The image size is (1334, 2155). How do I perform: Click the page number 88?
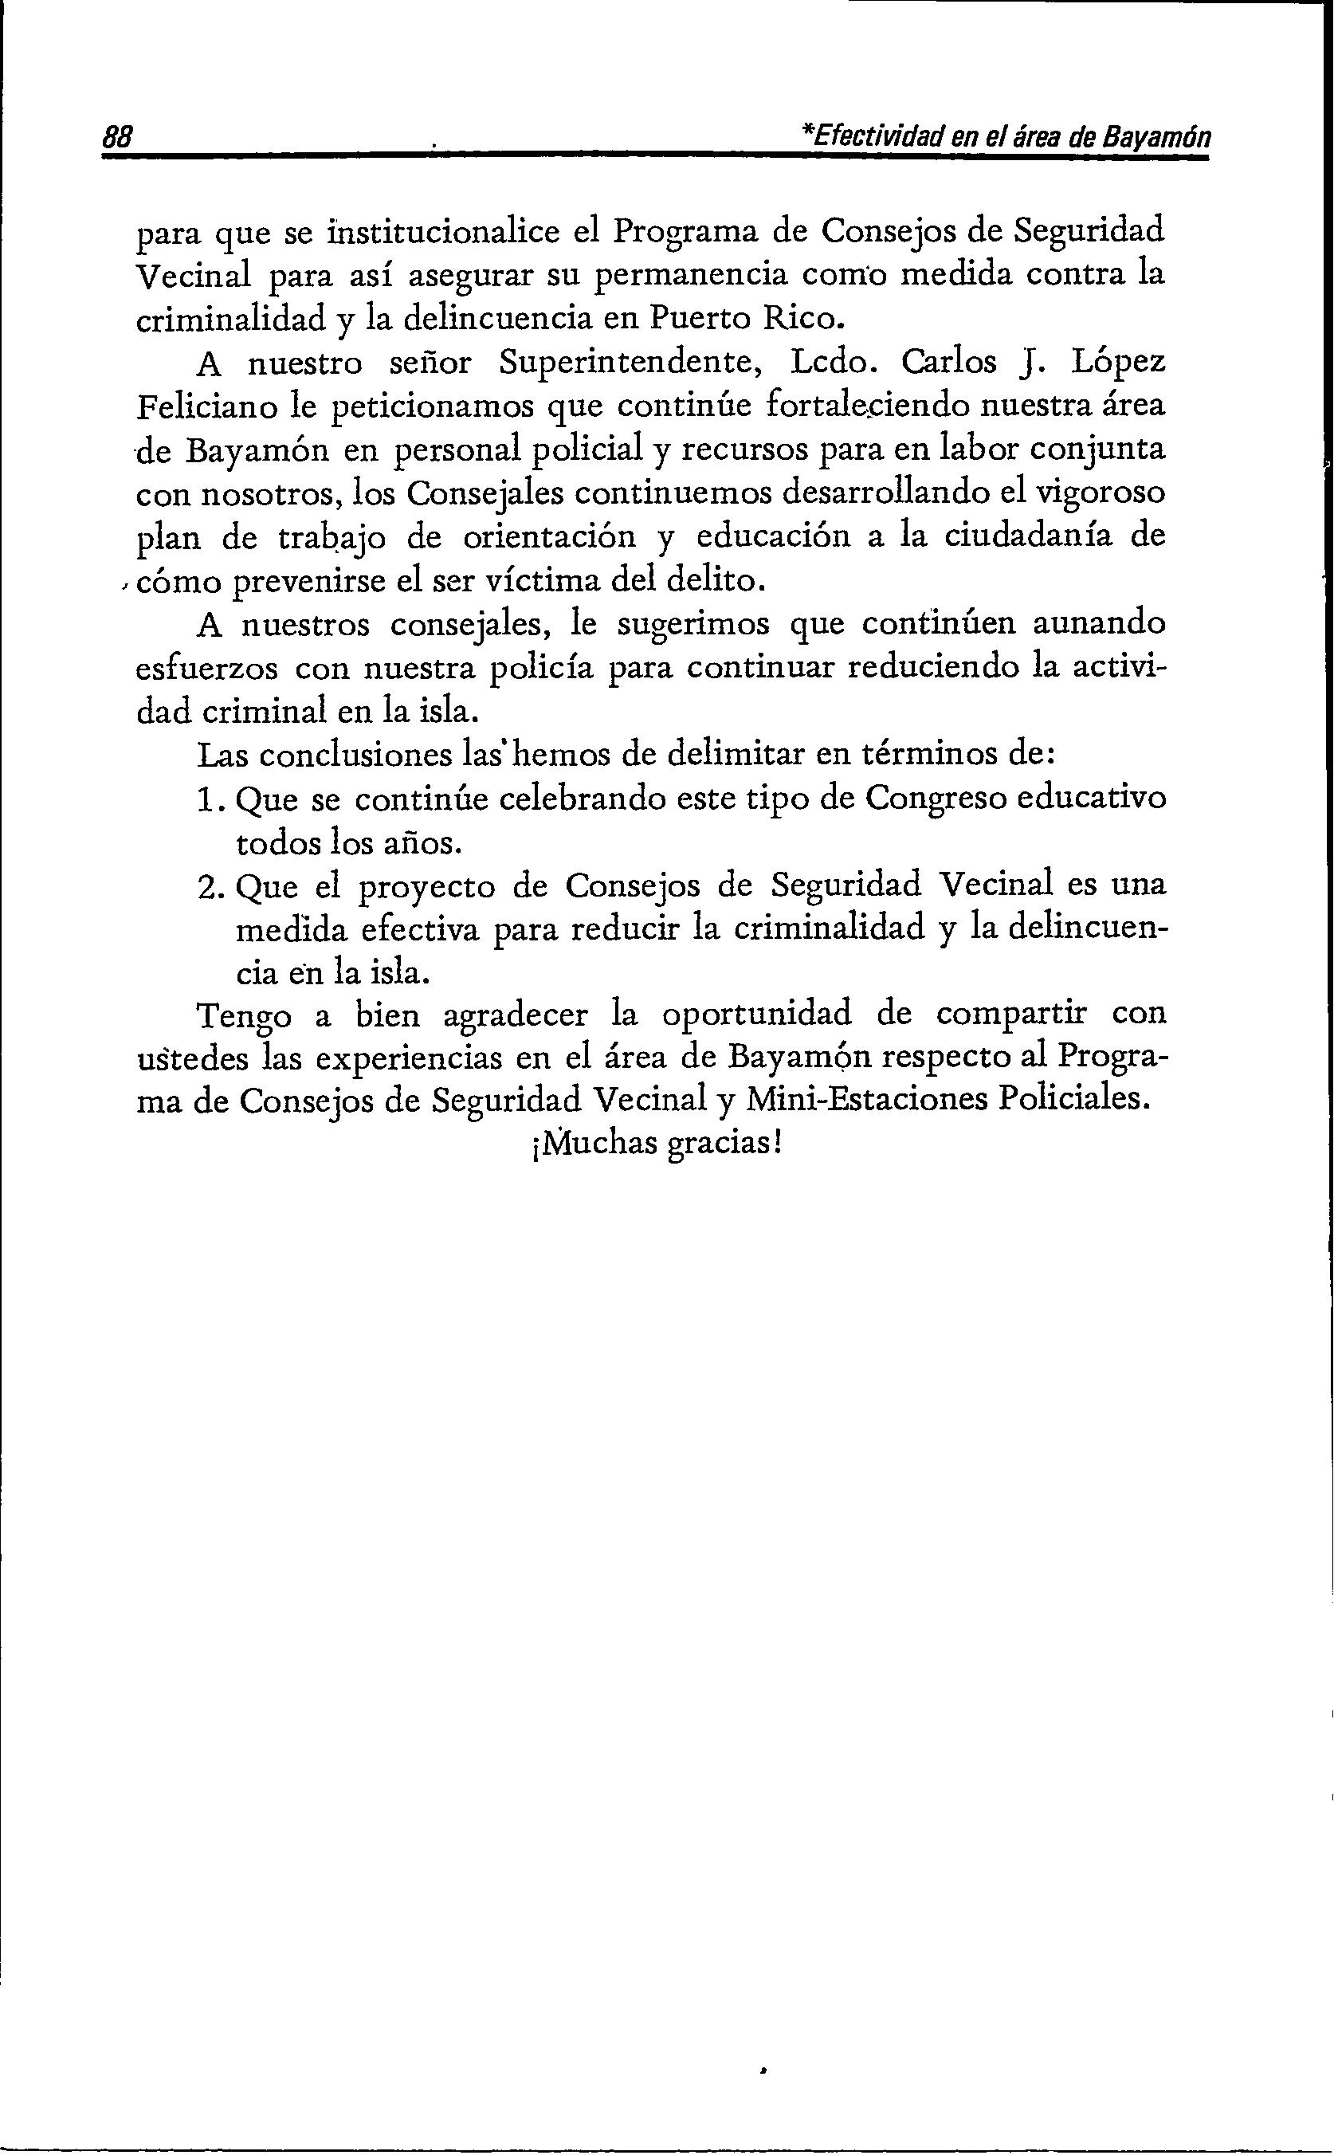click(117, 139)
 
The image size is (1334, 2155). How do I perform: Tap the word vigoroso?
click(1097, 493)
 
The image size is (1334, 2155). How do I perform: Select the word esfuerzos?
click(206, 668)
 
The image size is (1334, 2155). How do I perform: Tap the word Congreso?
click(936, 799)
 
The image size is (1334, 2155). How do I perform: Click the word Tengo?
click(242, 1015)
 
